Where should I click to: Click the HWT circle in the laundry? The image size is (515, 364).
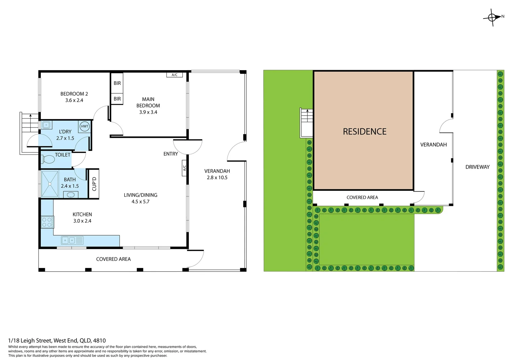click(85, 126)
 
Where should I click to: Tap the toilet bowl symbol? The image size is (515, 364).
click(49, 159)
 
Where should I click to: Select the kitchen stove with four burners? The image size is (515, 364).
click(47, 222)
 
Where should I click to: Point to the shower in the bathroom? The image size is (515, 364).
click(50, 184)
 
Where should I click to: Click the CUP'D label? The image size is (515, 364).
click(94, 184)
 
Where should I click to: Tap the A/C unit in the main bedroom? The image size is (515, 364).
click(174, 75)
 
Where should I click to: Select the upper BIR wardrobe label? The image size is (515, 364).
click(117, 83)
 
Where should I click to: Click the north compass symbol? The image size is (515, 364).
click(492, 17)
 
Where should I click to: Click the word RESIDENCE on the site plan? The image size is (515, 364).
click(364, 131)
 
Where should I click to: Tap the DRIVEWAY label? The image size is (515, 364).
click(477, 167)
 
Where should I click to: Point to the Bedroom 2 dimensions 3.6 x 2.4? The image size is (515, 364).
click(74, 100)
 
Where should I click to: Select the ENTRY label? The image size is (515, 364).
click(171, 154)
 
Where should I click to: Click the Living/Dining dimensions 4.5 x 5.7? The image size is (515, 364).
click(140, 202)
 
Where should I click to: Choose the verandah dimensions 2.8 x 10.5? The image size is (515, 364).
click(217, 178)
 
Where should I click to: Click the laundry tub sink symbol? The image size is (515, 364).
click(46, 125)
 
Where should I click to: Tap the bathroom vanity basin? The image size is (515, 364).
click(71, 194)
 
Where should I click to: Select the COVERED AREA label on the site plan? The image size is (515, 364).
click(362, 198)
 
